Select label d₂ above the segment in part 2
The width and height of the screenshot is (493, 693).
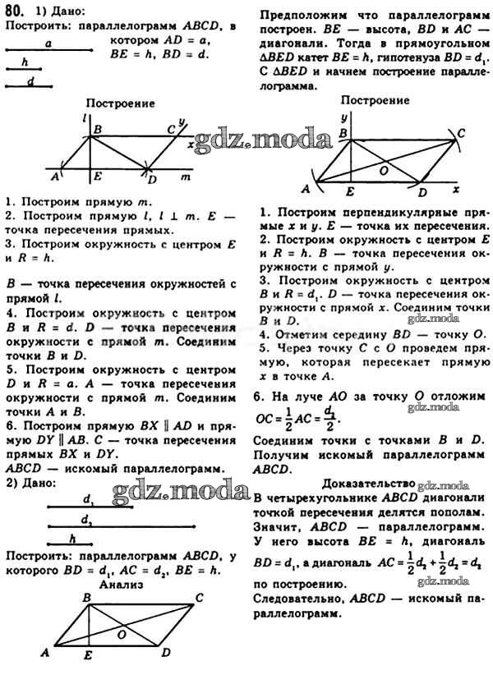[x=85, y=518]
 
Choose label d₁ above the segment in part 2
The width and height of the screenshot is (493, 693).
[x=87, y=498]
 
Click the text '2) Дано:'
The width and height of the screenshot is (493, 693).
[x=30, y=482]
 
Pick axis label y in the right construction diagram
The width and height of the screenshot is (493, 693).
[x=343, y=117]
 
